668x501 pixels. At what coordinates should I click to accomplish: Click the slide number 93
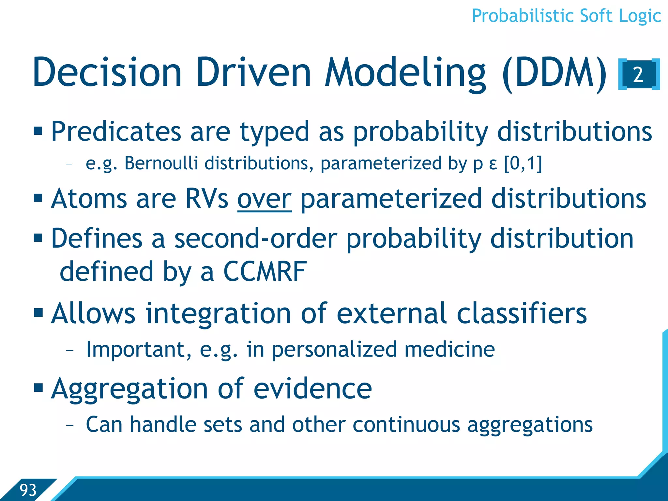tap(28, 490)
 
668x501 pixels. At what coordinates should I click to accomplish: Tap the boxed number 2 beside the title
tap(639, 75)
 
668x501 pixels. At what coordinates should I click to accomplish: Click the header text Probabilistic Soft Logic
tap(566, 16)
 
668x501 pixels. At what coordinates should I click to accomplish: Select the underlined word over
tap(264, 199)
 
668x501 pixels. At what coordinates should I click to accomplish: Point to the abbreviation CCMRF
tap(265, 272)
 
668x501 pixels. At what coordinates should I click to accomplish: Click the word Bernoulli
tap(161, 163)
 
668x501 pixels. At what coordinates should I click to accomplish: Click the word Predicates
tap(116, 132)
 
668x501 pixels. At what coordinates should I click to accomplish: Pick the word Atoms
tap(89, 199)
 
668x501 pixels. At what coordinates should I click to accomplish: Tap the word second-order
tap(255, 239)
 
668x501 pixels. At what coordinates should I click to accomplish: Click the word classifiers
tap(522, 313)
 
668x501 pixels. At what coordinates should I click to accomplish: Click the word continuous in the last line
tap(406, 425)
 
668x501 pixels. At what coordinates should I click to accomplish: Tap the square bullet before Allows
tap(38, 312)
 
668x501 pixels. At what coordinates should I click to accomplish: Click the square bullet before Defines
tap(38, 238)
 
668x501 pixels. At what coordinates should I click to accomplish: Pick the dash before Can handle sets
tap(69, 425)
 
